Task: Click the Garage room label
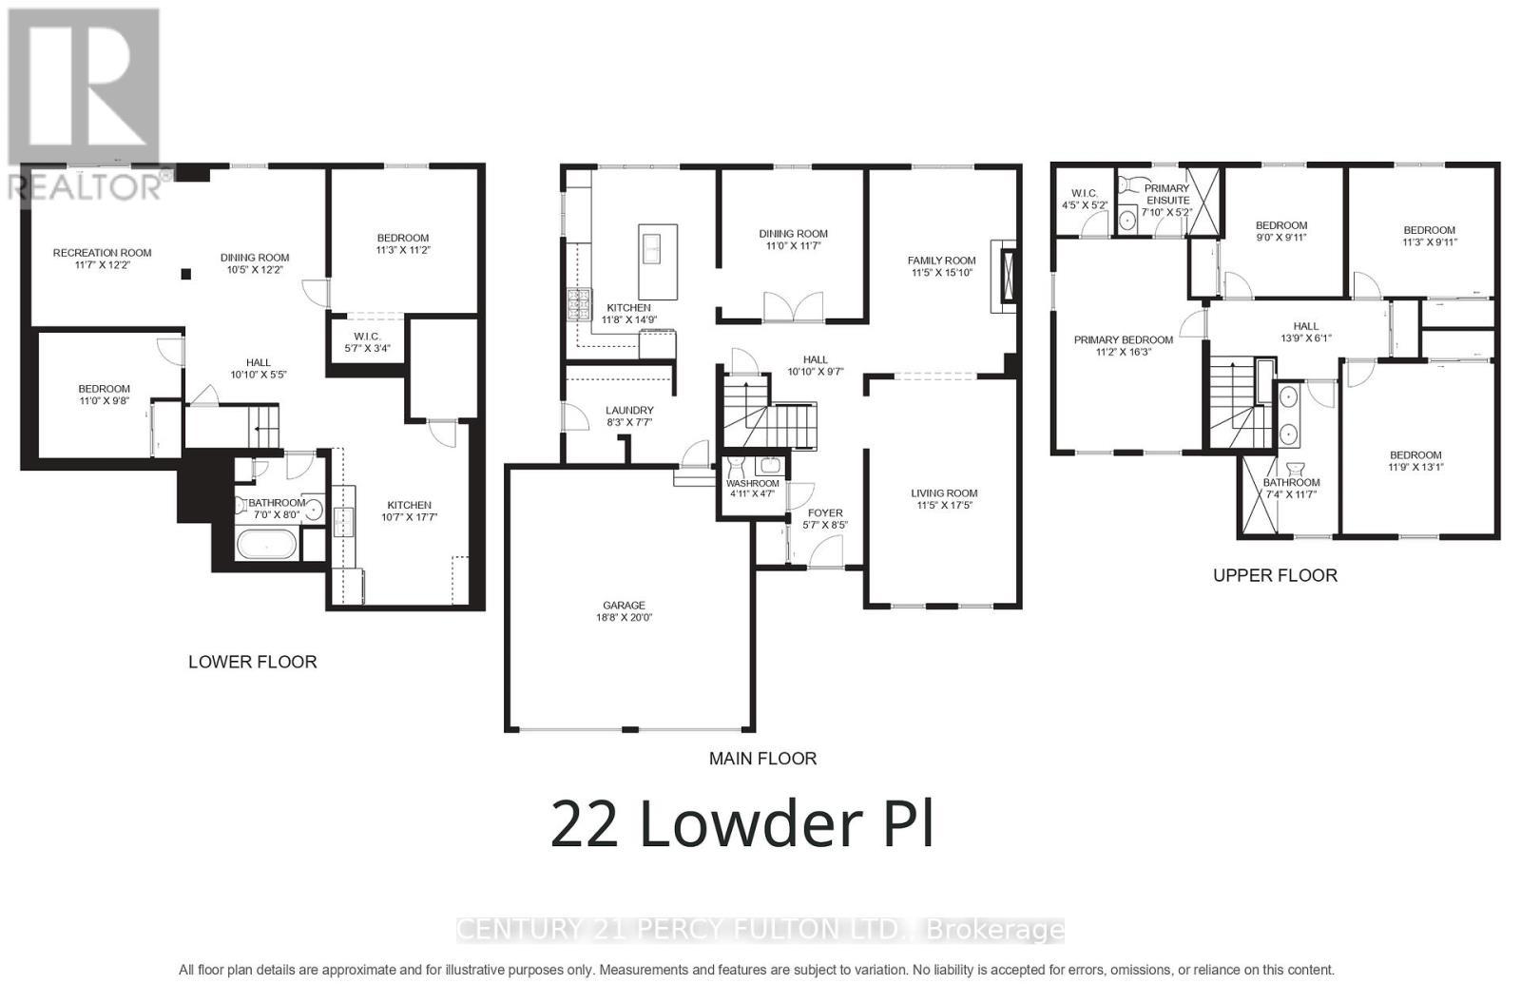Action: click(x=624, y=605)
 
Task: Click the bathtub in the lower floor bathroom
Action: click(x=267, y=545)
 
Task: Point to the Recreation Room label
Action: click(x=102, y=253)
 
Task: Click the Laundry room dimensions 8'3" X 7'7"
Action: click(x=628, y=423)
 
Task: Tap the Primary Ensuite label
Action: click(x=1165, y=194)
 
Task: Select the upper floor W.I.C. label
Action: click(x=1084, y=193)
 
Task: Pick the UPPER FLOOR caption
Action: click(x=1274, y=575)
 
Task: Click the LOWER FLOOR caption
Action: click(x=252, y=662)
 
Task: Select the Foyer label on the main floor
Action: click(x=824, y=512)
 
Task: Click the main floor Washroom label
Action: click(x=752, y=483)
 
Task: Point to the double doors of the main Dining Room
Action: click(x=793, y=307)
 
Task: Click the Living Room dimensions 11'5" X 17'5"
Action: click(x=943, y=505)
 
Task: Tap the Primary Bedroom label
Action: click(x=1123, y=339)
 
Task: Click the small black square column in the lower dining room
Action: click(x=186, y=274)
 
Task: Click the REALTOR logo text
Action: click(x=90, y=185)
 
